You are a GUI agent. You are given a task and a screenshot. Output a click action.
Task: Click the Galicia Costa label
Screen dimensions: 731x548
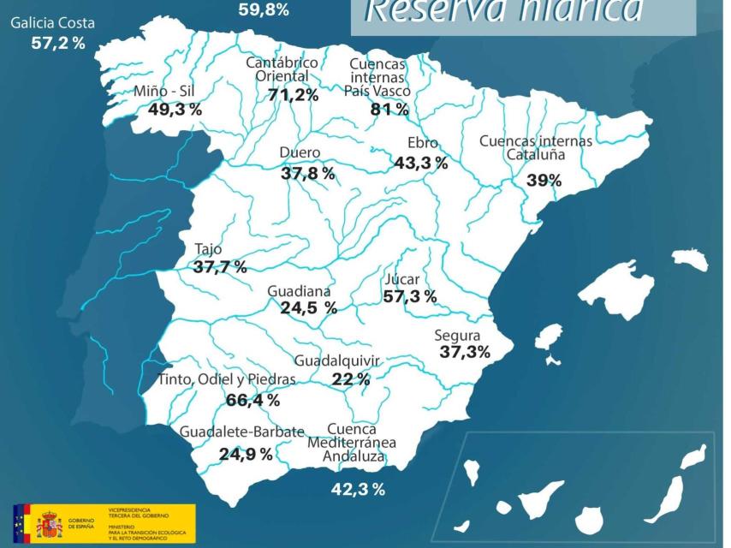[x=52, y=23]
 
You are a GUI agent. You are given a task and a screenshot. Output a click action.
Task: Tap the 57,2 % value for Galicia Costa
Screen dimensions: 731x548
[x=58, y=43]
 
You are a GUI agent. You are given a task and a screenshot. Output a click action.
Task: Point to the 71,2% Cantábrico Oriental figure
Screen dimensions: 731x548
[x=294, y=95]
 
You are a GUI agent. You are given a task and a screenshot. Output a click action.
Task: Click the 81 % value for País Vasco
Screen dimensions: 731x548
[x=389, y=109]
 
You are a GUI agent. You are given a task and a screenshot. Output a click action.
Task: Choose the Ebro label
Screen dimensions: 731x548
[x=423, y=143]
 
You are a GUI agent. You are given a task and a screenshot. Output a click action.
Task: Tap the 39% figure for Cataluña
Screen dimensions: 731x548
[x=544, y=180]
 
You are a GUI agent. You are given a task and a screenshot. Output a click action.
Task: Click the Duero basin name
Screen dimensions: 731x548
[x=300, y=153]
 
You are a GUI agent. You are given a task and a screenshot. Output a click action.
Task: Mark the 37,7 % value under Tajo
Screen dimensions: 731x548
[x=220, y=267]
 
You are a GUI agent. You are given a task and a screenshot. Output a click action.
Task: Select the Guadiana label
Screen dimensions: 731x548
[x=299, y=291]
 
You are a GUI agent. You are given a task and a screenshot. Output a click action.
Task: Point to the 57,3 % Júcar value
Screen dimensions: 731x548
[x=410, y=297]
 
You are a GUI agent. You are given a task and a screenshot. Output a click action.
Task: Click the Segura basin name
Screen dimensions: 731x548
[x=457, y=336]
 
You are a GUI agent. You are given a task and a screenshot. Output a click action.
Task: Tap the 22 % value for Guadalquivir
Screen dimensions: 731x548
[x=351, y=379]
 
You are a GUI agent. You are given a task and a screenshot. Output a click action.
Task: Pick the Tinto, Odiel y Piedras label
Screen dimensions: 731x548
[x=227, y=379]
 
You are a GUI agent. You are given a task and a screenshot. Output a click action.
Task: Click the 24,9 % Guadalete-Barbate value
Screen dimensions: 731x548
[x=246, y=454]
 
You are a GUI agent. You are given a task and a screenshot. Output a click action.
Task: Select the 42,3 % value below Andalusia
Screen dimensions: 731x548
[x=358, y=490]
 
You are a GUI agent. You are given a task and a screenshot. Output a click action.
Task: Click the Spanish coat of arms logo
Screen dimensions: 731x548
[x=49, y=522]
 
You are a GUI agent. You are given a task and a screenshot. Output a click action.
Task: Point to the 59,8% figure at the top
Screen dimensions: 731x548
[x=264, y=10]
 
